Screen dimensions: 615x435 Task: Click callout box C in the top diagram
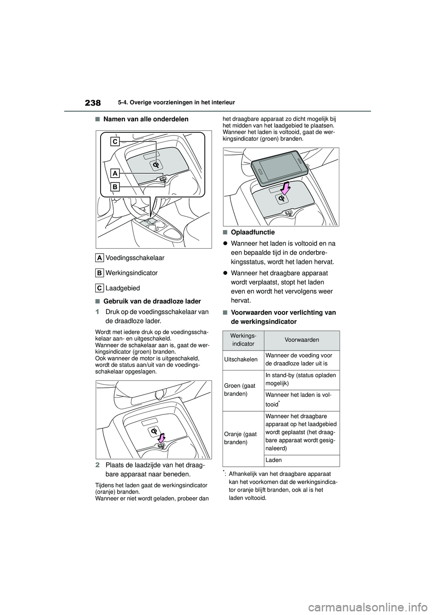click(x=116, y=142)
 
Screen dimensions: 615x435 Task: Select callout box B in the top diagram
click(x=115, y=186)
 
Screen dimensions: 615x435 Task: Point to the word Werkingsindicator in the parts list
click(x=131, y=273)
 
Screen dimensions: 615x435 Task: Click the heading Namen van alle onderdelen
click(x=145, y=119)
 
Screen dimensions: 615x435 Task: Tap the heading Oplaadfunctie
click(x=252, y=232)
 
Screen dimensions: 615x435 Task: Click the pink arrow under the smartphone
click(x=285, y=187)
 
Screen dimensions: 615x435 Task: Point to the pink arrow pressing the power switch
click(x=162, y=437)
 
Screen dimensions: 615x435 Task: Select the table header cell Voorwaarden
click(x=302, y=340)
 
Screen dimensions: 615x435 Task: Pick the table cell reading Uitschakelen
click(x=243, y=359)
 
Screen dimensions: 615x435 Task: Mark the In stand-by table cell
click(x=300, y=379)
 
